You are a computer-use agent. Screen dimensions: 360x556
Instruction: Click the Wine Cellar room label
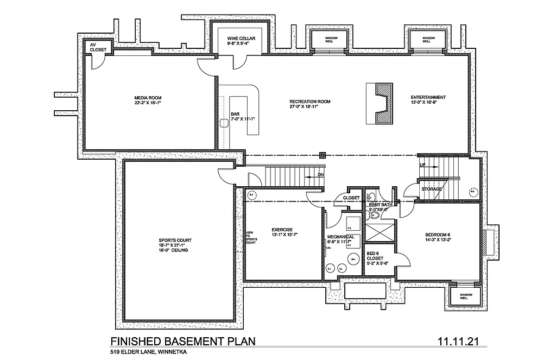point(241,39)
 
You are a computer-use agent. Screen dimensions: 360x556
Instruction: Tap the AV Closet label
point(98,47)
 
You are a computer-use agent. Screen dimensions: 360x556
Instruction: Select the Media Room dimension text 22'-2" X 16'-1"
point(148,103)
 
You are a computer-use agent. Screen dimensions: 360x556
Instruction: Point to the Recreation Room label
point(310,102)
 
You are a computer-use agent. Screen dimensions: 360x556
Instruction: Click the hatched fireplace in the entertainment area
point(378,102)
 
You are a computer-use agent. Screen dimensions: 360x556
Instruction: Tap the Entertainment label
point(428,98)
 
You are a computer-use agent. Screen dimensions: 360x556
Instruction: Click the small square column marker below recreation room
point(323,154)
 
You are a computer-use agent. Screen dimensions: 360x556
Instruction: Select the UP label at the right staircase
point(422,165)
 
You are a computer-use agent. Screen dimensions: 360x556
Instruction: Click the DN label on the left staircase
point(320,175)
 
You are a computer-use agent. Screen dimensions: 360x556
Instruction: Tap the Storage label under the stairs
point(432,189)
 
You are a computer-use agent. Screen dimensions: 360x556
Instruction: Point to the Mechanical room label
point(340,237)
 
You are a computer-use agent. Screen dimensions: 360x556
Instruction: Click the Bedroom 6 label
point(438,235)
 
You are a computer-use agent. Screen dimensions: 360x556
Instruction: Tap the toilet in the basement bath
point(373,216)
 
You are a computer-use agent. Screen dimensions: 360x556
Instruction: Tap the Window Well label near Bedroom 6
point(464,296)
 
